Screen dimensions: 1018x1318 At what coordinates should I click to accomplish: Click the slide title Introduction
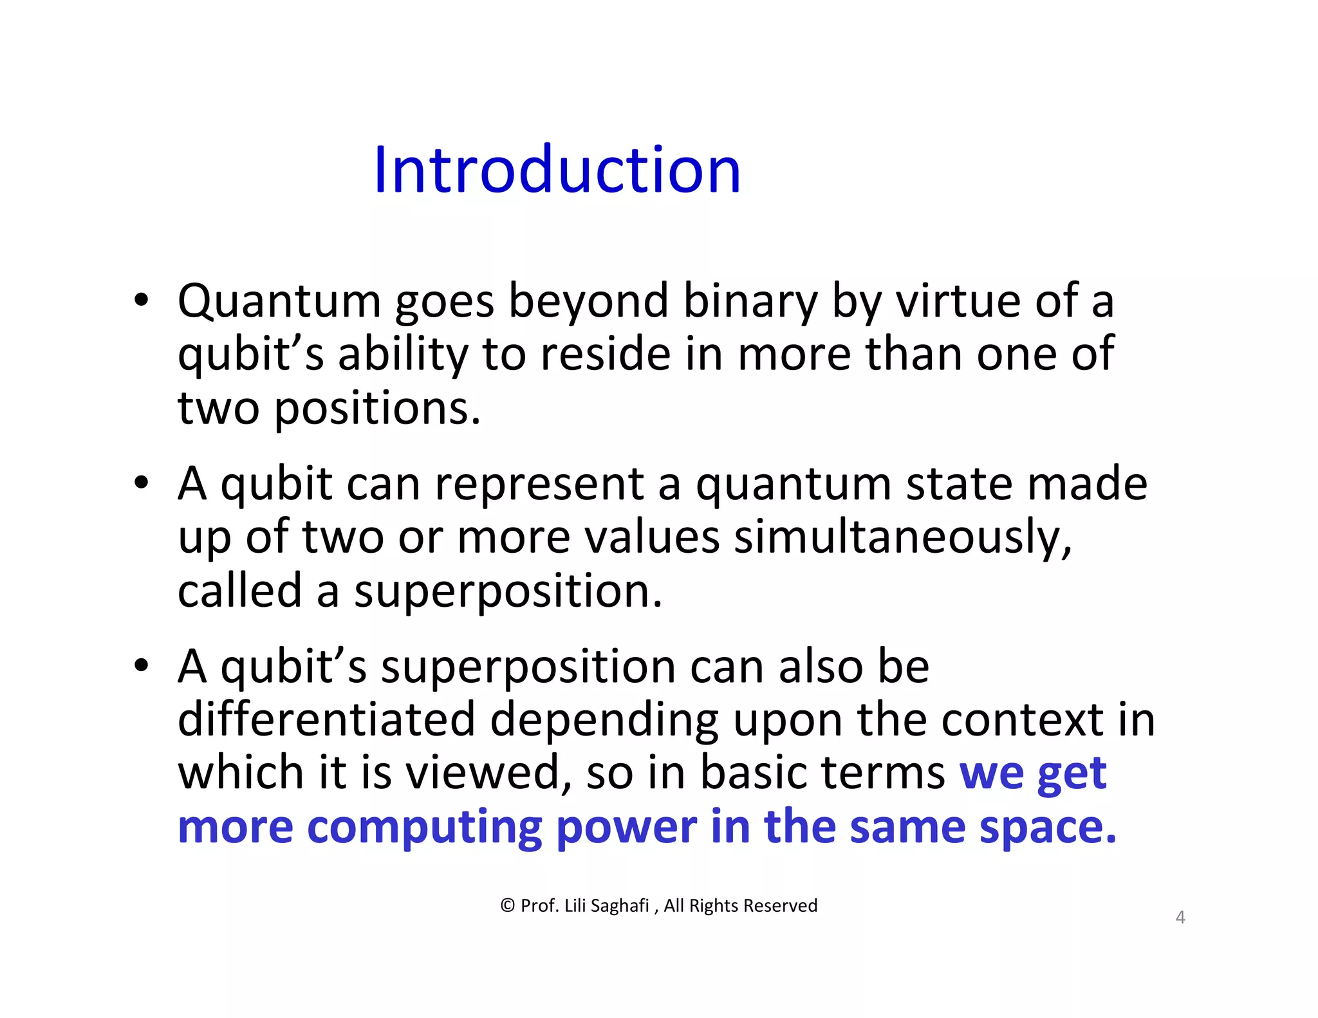[557, 170]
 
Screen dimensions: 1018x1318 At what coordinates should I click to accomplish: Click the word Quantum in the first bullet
[279, 301]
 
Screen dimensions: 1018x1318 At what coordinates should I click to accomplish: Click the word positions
[377, 409]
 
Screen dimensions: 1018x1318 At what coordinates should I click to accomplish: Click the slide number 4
[1180, 917]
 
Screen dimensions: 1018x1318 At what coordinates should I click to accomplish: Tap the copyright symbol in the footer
[507, 906]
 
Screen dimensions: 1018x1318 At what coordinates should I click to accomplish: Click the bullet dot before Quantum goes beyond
[142, 300]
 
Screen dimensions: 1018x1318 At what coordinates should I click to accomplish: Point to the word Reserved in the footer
[780, 906]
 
